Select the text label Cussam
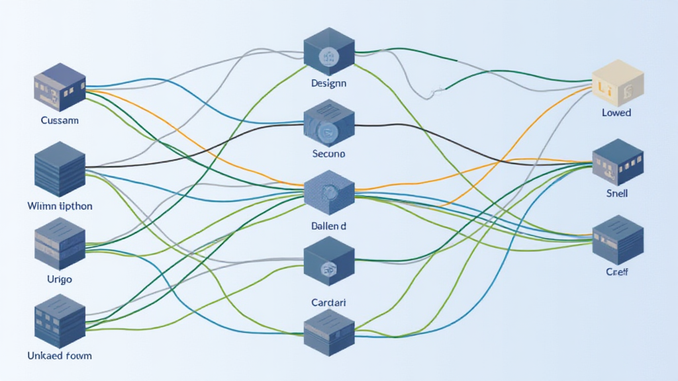pos(60,120)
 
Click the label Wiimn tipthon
pos(60,206)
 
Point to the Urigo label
pos(60,279)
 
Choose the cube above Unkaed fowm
pos(60,320)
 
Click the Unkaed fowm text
pos(60,356)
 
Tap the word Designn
pos(328,84)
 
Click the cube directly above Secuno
pos(328,126)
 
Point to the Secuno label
pos(328,153)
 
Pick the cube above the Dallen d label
pos(328,192)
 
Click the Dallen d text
pos(328,226)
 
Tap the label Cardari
pos(328,302)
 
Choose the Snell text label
pos(616,194)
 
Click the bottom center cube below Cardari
pos(328,333)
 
